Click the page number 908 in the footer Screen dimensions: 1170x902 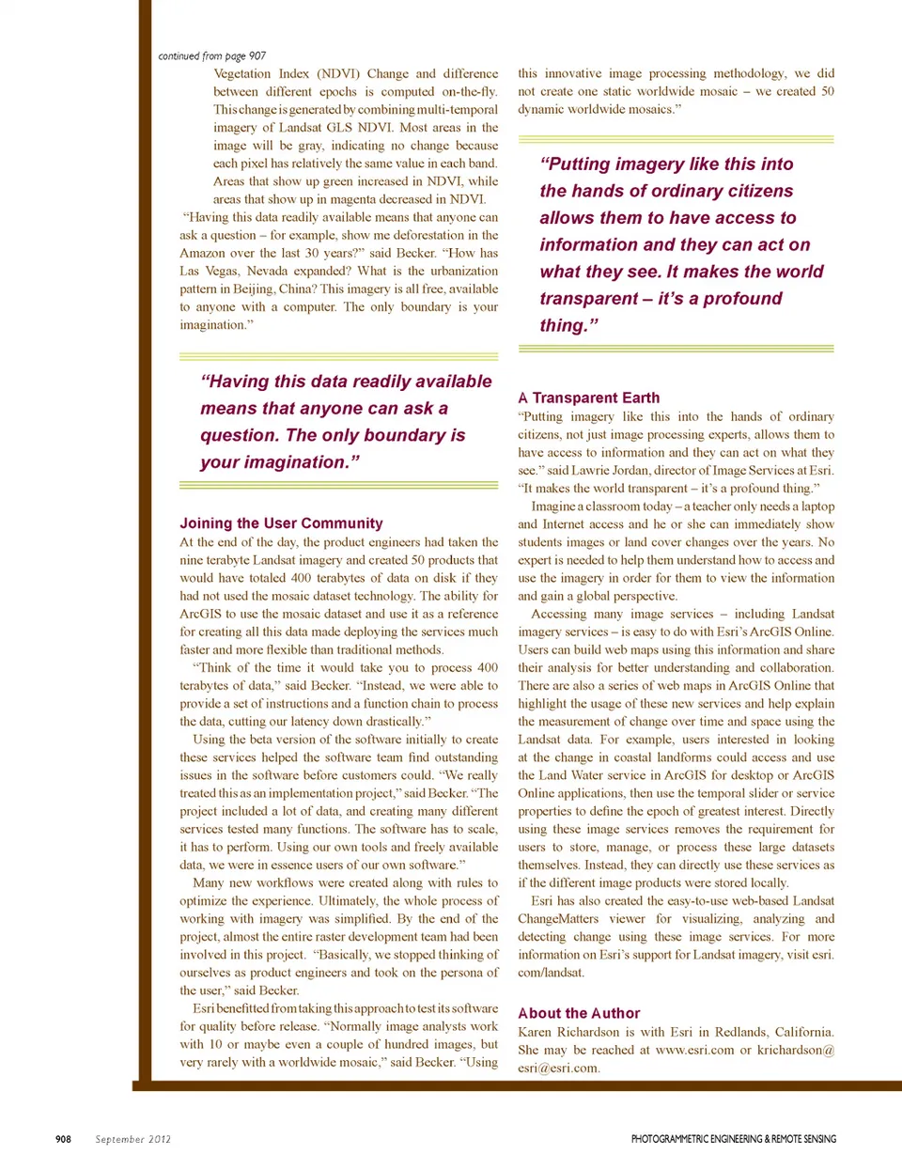click(x=63, y=1139)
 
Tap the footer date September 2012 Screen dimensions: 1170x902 click(x=132, y=1139)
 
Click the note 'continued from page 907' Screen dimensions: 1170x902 click(x=211, y=56)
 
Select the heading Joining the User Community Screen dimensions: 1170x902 click(x=281, y=523)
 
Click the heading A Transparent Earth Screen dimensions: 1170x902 click(x=588, y=398)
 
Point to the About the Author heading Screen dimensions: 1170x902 click(x=579, y=1013)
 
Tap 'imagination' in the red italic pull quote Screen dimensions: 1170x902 click(x=274, y=462)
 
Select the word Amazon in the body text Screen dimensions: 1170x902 click(x=202, y=254)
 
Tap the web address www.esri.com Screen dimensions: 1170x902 click(x=694, y=1051)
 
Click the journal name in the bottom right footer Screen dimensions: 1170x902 click(x=733, y=1139)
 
